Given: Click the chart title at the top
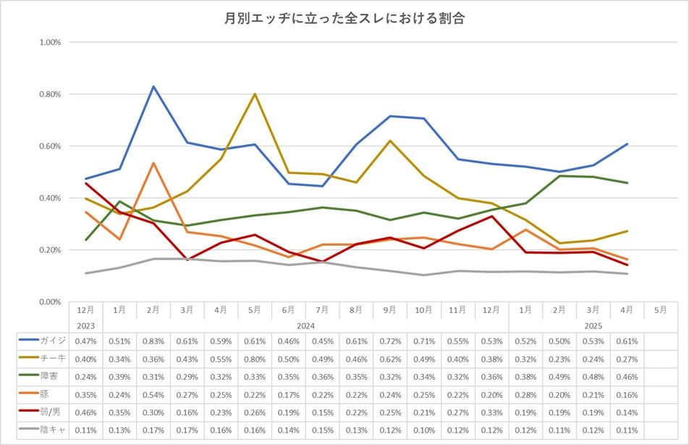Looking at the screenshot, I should (x=344, y=19).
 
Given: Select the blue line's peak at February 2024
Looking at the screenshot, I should (x=153, y=86).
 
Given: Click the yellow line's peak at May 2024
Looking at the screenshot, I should (x=255, y=93).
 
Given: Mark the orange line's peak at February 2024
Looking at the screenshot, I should (x=153, y=163).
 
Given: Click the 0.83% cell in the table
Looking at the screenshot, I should (x=153, y=341).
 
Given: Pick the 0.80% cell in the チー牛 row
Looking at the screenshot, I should (x=255, y=358).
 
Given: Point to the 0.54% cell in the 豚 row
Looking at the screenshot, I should (x=153, y=393).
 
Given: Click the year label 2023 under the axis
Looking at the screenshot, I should (x=85, y=325).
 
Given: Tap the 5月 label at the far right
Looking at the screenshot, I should (x=661, y=309).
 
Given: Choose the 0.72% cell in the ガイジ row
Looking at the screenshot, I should (x=390, y=341).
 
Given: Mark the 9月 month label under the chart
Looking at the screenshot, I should (x=390, y=309).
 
